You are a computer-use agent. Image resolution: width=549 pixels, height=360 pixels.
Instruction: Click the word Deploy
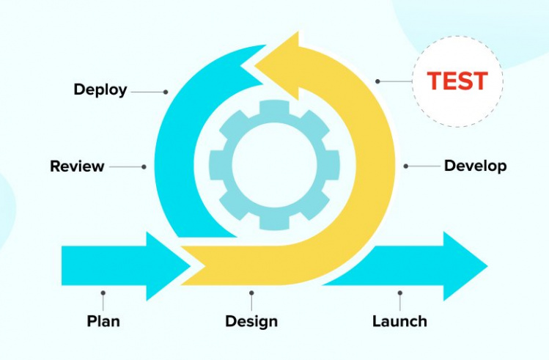click(100, 90)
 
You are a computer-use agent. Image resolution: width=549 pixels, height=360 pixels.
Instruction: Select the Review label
click(77, 166)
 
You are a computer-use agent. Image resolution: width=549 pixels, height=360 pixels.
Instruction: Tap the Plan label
click(103, 321)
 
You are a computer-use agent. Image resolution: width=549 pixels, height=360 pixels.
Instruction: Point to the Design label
click(251, 321)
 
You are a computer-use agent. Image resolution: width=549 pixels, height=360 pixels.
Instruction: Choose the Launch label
click(399, 321)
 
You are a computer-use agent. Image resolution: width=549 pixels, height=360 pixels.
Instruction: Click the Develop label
click(475, 166)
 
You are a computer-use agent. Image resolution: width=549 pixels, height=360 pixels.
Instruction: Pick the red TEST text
click(457, 81)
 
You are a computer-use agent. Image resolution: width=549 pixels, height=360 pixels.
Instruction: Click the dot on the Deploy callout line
click(166, 92)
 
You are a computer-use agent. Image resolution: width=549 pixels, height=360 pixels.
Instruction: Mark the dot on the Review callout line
click(144, 166)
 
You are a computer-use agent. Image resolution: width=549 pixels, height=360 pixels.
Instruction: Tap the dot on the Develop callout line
click(406, 166)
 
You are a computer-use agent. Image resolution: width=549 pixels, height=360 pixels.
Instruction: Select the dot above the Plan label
click(103, 293)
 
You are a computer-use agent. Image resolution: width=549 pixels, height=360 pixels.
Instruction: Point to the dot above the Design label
click(251, 293)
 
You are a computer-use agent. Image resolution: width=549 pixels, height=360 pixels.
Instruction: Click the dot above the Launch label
click(399, 293)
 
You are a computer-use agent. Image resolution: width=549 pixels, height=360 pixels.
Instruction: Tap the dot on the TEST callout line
click(378, 81)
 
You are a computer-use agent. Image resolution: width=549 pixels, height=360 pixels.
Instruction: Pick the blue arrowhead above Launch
click(462, 265)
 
